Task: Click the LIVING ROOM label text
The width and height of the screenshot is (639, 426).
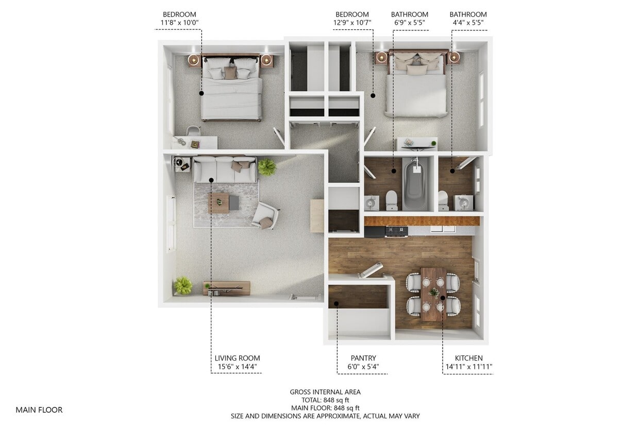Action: click(237, 358)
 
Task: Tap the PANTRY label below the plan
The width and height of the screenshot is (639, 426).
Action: click(363, 358)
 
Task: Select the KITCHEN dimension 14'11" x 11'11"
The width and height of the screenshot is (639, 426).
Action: click(468, 367)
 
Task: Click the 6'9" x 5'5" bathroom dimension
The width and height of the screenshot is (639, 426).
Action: click(409, 23)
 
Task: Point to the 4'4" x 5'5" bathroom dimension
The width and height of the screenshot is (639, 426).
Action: click(468, 23)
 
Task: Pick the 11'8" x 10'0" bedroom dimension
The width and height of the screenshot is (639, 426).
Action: click(179, 23)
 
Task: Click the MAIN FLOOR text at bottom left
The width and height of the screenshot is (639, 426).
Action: click(39, 410)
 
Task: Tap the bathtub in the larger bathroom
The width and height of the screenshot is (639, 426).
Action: click(415, 184)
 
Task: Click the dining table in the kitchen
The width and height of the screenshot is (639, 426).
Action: click(433, 294)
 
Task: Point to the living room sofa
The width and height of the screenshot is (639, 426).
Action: click(225, 169)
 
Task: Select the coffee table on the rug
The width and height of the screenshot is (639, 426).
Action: click(219, 202)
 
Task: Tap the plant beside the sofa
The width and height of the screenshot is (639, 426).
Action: click(266, 167)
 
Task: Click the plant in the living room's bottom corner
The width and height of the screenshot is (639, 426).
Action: click(182, 285)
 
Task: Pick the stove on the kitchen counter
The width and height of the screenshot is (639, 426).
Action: click(396, 231)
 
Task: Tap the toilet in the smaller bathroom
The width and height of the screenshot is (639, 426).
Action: click(443, 200)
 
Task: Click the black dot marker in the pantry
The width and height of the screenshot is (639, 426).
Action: click(336, 303)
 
